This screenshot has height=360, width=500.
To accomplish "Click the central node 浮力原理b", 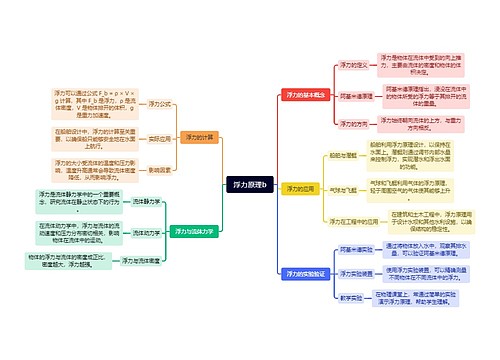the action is coord(249,185).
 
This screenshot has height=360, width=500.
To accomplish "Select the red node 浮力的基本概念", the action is coord(305,92).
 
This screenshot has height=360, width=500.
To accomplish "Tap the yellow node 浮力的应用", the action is coord(298,187).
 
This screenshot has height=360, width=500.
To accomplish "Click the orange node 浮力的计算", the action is coord(200,136).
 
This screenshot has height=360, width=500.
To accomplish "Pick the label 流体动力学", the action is coord(145,231).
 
